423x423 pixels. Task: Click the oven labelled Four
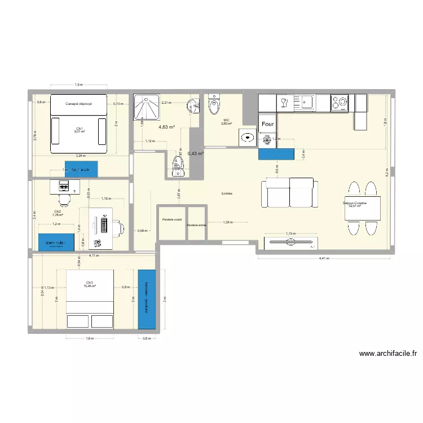pyautogui.click(x=268, y=124)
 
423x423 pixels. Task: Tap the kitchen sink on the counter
pyautogui.click(x=307, y=102)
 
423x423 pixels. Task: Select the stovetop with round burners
pyautogui.click(x=340, y=103)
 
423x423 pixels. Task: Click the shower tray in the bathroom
pyautogui.click(x=146, y=108)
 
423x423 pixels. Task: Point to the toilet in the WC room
pyautogui.click(x=214, y=105)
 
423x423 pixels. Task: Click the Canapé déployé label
pyautogui.click(x=78, y=104)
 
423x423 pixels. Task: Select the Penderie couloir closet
pyautogui.click(x=171, y=219)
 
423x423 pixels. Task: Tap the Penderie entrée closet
pyautogui.click(x=197, y=225)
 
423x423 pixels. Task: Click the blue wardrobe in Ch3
pyautogui.click(x=146, y=299)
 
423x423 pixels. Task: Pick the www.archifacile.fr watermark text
pyautogui.click(x=387, y=354)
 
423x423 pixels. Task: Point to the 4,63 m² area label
pyautogui.click(x=166, y=127)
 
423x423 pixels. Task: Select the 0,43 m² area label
pyautogui.click(x=196, y=153)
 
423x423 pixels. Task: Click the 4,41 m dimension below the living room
pyautogui.click(x=323, y=259)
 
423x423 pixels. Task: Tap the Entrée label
pyautogui.click(x=227, y=193)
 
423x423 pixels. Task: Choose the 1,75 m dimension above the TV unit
pyautogui.click(x=290, y=233)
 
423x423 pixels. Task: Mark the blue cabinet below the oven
pyautogui.click(x=276, y=153)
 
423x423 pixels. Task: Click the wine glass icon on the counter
pyautogui.click(x=284, y=103)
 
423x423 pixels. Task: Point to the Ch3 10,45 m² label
pyautogui.click(x=90, y=284)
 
